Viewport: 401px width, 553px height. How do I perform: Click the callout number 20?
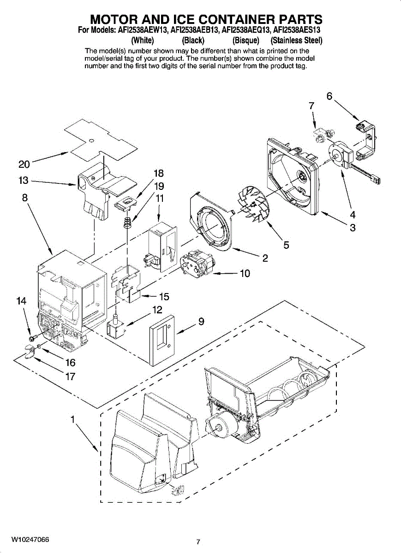(24, 165)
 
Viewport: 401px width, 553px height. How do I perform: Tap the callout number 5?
(286, 245)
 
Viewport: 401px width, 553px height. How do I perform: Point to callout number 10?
(245, 274)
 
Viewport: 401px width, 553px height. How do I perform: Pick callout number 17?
(70, 377)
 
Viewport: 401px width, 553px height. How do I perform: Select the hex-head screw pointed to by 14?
(31, 340)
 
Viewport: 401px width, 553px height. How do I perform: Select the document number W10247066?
(30, 539)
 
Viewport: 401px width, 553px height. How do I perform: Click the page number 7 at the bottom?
(198, 542)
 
